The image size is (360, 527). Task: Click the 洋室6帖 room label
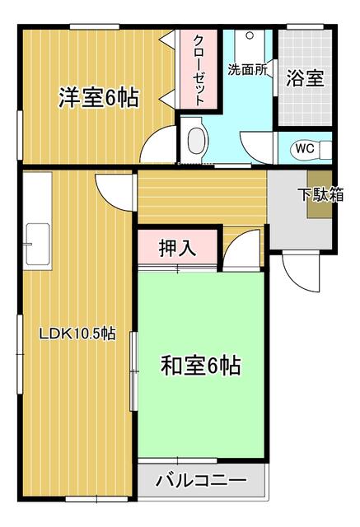pos(97,98)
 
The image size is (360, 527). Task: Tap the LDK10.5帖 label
pos(78,334)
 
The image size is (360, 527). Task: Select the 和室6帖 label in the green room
pos(200,365)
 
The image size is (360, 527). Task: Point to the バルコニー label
pos(200,479)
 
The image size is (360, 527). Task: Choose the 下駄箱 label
pos(320,195)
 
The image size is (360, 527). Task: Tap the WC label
pos(304,149)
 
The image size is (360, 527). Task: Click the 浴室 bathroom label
pos(305,79)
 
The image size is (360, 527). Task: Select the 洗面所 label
pos(247,70)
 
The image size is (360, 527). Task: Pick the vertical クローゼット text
pos(200,69)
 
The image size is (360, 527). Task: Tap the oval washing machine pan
pos(196,142)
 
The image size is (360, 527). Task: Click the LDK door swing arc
pos(114,192)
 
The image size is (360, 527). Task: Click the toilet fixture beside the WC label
pos(325,149)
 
